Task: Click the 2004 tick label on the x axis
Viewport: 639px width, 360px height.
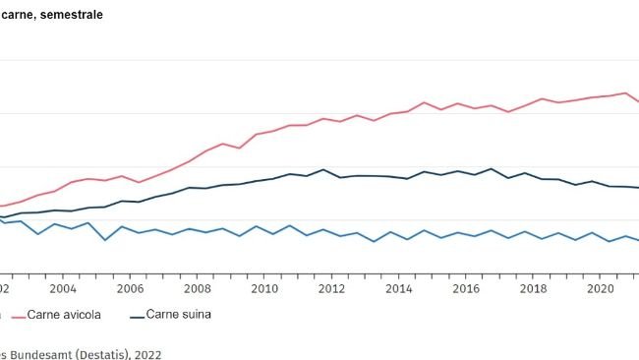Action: (62, 289)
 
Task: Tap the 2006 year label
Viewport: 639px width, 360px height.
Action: (129, 289)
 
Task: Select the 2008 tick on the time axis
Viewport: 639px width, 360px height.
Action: (197, 289)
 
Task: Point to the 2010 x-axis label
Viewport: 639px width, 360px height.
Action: (263, 289)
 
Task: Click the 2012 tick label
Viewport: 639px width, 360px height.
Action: (331, 289)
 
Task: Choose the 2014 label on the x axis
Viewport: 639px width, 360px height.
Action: (398, 289)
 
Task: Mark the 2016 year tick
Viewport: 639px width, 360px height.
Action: (466, 289)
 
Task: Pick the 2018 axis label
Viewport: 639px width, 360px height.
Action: (533, 289)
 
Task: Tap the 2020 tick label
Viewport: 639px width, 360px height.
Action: (601, 289)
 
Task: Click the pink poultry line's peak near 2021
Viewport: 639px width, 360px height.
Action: (626, 92)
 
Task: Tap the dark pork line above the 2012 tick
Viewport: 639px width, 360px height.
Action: (324, 169)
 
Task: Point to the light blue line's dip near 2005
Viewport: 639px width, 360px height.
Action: (105, 240)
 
